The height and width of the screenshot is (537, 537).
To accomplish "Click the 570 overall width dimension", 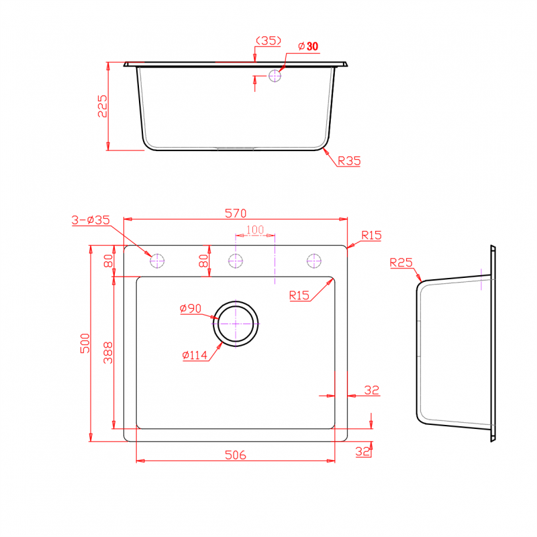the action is (236, 213).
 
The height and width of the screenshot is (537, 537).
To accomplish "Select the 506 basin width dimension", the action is (236, 455).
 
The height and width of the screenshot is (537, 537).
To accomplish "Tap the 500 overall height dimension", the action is (85, 343).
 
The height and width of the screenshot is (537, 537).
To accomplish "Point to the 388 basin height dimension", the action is (108, 352).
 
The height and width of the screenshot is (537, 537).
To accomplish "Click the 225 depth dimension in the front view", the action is (103, 106).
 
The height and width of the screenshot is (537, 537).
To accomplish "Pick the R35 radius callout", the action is (349, 160).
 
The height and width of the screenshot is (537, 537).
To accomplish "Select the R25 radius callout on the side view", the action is (401, 262).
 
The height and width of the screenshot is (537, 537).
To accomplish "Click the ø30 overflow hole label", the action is (308, 46).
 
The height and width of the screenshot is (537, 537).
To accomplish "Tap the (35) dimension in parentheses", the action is (268, 41).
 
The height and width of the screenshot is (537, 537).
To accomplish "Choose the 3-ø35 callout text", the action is (91, 220).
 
